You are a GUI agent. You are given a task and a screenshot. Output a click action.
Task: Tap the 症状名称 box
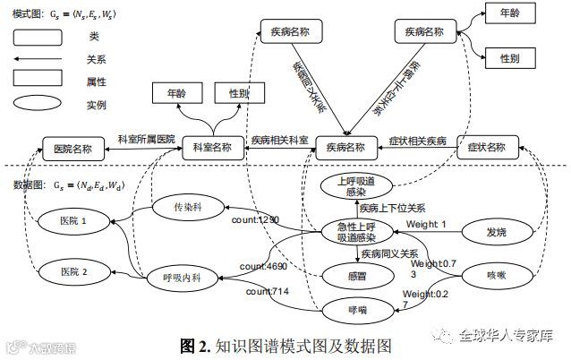pos(486,147)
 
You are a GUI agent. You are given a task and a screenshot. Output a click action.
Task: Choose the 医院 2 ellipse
pos(73,270)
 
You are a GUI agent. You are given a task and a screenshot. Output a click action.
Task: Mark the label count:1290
pos(256,219)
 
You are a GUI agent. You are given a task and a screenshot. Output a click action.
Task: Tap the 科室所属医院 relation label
pos(147,141)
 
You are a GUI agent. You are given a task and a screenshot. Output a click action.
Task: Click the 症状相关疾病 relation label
pos(418,141)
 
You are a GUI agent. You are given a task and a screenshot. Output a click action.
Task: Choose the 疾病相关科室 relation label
pos(279,141)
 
